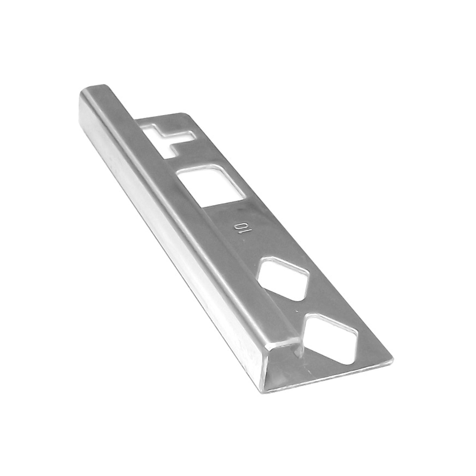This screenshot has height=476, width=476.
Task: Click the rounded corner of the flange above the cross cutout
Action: point(183,114)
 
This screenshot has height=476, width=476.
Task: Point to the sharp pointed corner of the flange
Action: point(392,360)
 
